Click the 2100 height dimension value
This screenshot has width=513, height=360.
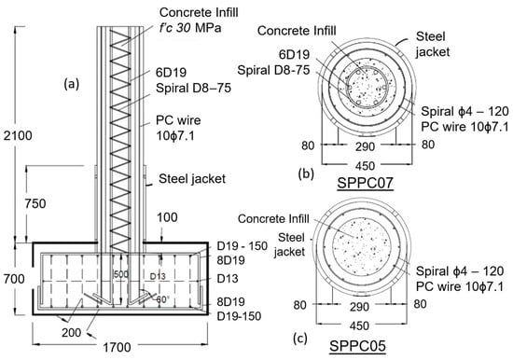pyautogui.click(x=18, y=135)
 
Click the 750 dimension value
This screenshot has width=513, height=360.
pyautogui.click(x=35, y=203)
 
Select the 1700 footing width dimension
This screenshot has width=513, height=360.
pyautogui.click(x=118, y=347)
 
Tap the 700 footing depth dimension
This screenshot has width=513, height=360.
pyautogui.click(x=14, y=279)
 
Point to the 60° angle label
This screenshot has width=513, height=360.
pyautogui.click(x=162, y=299)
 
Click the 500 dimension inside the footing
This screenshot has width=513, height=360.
pyautogui.click(x=121, y=274)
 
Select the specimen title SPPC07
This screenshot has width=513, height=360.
pyautogui.click(x=365, y=183)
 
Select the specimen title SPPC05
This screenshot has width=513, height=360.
pyautogui.click(x=357, y=346)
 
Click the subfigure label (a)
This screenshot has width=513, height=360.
pyautogui.click(x=71, y=85)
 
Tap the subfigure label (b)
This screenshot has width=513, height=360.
pyautogui.click(x=306, y=173)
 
